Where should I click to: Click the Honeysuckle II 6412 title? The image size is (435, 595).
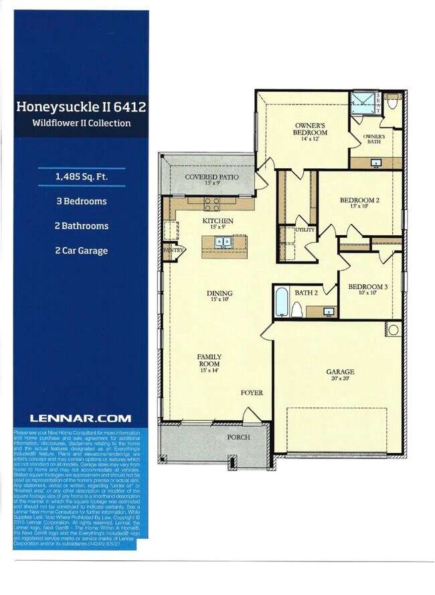click(81, 106)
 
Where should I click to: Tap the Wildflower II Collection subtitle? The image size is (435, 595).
click(81, 123)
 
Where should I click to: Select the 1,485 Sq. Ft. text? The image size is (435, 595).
click(82, 176)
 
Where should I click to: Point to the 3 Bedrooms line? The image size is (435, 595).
click(81, 201)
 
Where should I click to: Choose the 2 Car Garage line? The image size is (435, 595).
click(81, 251)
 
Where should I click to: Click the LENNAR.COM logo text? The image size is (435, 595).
click(80, 418)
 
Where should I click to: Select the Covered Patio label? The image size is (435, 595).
click(211, 178)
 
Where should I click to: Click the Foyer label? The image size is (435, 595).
click(252, 393)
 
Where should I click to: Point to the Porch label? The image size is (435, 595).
click(238, 437)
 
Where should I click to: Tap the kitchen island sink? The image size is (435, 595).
click(222, 245)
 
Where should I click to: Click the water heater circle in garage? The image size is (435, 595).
click(393, 330)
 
